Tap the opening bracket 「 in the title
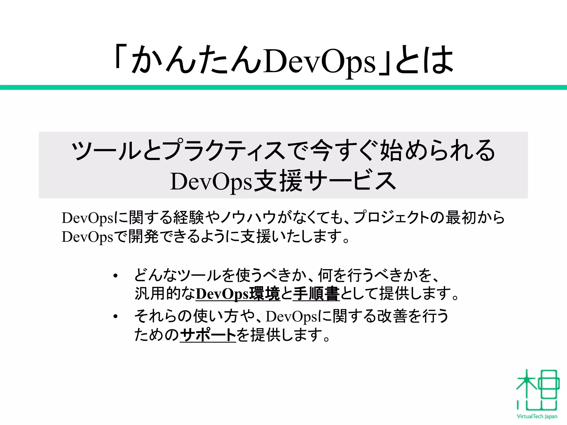coord(121,57)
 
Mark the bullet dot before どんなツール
coord(115,276)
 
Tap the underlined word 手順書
coord(316,294)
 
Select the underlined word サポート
coord(208,335)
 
